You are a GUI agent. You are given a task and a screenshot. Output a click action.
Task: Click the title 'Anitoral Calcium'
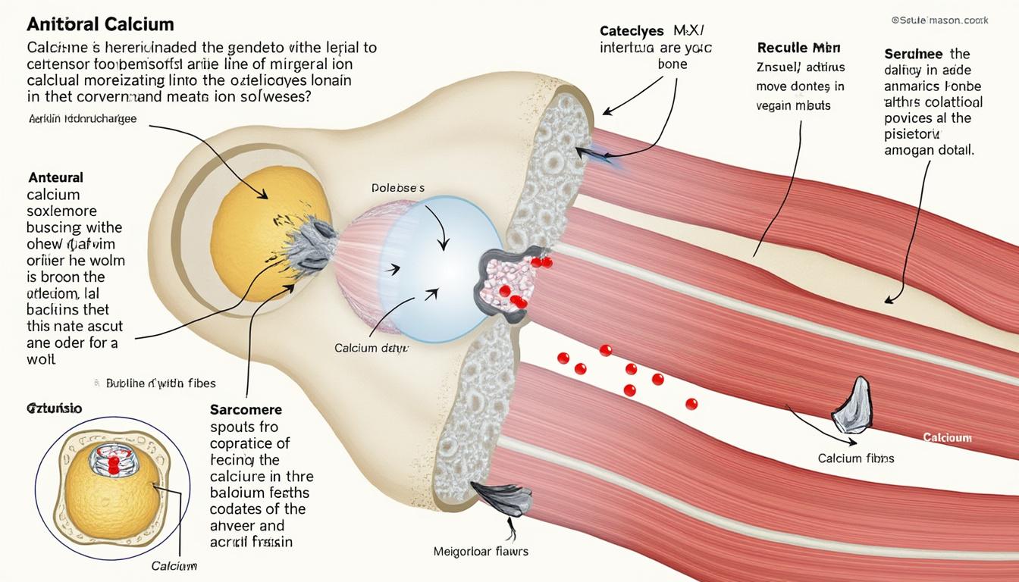(101, 25)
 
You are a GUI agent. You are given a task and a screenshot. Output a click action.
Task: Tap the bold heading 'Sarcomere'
(245, 409)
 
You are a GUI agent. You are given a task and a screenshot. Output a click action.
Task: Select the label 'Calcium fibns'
(856, 458)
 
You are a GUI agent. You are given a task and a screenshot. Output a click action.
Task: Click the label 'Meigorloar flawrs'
(481, 551)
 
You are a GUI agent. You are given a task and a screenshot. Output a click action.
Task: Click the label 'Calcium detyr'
(372, 349)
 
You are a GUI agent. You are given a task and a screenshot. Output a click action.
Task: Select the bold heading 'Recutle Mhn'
(799, 47)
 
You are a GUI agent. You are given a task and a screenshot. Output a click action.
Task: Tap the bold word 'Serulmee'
(914, 54)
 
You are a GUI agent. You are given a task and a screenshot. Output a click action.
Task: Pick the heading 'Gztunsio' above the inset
(55, 409)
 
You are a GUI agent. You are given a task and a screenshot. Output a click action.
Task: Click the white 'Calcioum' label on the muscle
(947, 438)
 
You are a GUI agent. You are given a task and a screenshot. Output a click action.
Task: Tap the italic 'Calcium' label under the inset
(174, 566)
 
